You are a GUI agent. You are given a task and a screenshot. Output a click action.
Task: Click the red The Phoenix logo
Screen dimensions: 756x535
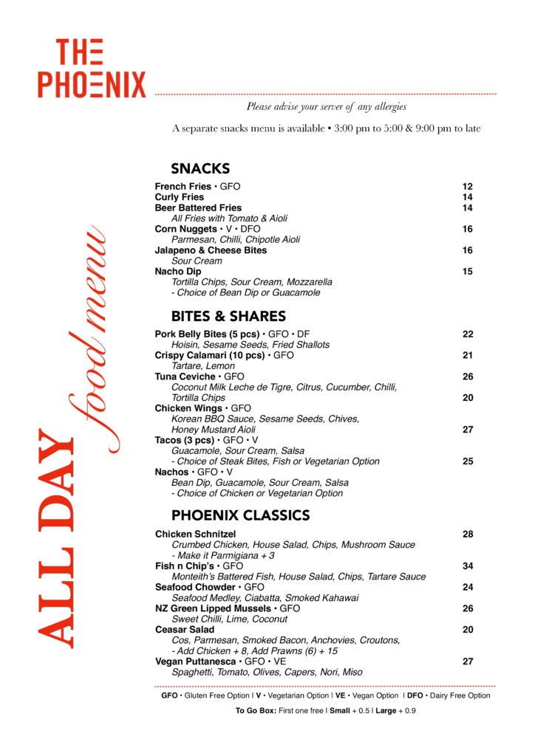click(92, 69)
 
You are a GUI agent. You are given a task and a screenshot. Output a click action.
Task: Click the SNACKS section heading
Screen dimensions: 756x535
click(200, 168)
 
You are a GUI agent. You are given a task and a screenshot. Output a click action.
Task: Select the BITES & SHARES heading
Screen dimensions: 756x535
click(228, 316)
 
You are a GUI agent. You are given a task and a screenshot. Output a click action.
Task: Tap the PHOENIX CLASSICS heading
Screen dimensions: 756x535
click(240, 515)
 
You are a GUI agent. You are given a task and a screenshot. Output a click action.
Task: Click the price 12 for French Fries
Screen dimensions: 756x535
click(467, 187)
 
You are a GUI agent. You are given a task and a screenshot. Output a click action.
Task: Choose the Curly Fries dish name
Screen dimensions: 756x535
click(179, 197)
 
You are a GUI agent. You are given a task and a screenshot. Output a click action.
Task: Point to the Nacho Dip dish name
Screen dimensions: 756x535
click(177, 271)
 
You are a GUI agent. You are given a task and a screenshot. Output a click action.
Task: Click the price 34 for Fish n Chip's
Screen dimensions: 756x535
click(467, 566)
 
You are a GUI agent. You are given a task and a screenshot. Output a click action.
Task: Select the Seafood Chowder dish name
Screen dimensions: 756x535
click(195, 587)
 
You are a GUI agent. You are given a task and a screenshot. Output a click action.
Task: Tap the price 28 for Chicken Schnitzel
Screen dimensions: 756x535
click(467, 534)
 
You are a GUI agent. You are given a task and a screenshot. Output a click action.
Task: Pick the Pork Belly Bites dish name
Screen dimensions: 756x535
click(208, 334)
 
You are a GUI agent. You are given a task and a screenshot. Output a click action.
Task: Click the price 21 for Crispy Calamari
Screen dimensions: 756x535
click(467, 355)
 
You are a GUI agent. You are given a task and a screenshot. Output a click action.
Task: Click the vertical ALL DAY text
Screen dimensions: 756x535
click(55, 539)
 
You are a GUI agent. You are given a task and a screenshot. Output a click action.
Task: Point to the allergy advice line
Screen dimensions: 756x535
click(326, 107)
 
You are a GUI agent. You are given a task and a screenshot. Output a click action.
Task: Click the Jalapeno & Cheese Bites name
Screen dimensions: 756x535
click(211, 250)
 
